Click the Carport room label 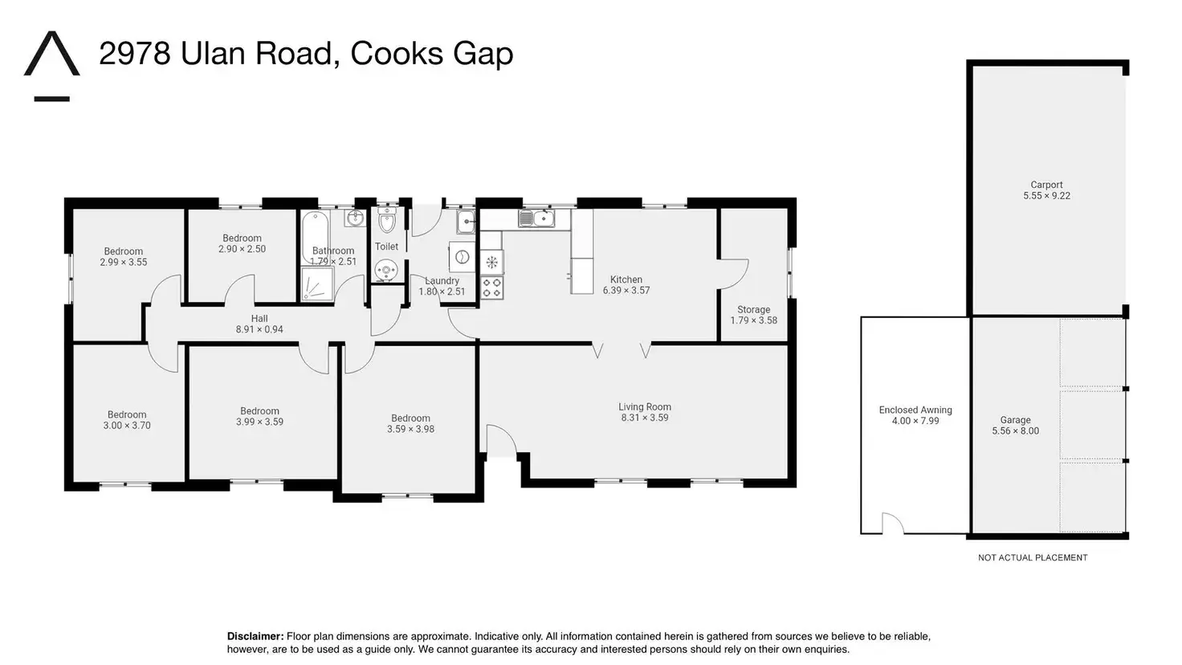1046,185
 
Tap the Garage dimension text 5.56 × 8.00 1015,430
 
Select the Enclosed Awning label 915,410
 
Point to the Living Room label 645,407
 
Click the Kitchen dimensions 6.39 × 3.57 626,290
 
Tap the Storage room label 753,310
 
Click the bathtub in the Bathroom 315,237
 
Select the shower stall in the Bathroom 317,284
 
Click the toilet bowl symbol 387,221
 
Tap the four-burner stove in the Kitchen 491,288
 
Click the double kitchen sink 536,218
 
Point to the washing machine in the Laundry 463,257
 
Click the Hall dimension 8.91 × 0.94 259,329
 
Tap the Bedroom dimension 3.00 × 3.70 127,426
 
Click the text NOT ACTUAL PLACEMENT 1033,558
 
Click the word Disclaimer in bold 255,637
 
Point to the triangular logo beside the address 51,54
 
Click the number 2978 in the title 135,53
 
